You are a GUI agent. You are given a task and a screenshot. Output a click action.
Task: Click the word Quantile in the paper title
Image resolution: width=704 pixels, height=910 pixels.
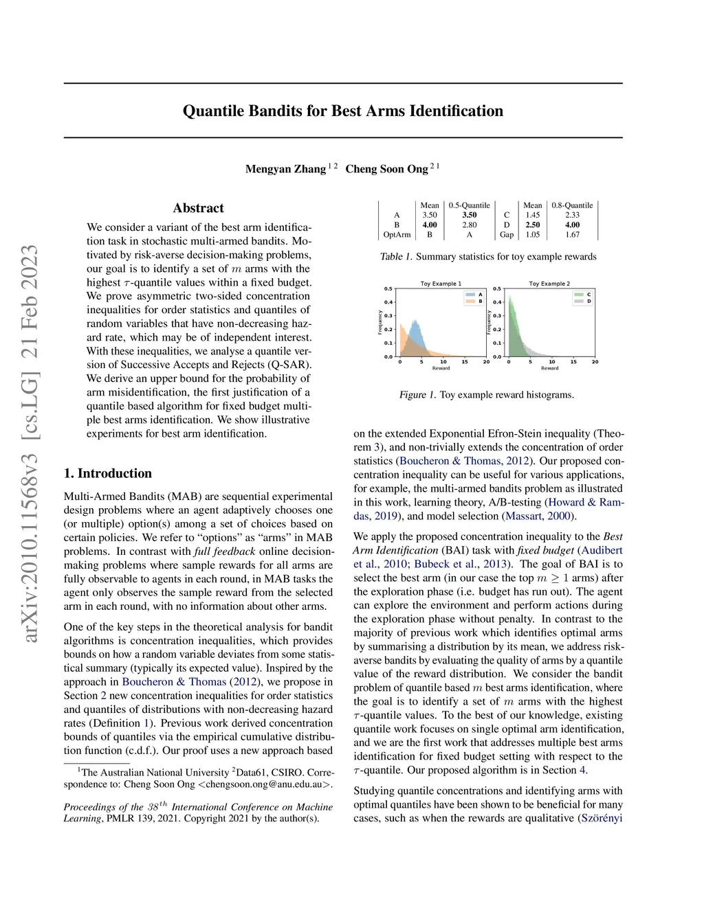(214, 111)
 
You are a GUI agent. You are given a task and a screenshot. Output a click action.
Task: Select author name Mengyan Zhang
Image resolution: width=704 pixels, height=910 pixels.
(285, 169)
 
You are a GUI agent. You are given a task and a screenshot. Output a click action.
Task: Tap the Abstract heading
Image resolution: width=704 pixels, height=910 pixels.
(198, 208)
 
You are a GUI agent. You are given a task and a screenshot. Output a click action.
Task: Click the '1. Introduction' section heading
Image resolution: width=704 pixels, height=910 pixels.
(108, 473)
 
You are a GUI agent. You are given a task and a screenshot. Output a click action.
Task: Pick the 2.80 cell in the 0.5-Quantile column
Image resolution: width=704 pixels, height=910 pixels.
(470, 225)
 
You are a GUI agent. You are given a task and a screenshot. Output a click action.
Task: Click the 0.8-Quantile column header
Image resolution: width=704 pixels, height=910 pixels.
(572, 205)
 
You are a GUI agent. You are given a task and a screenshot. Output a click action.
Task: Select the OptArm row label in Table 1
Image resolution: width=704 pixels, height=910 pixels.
(397, 235)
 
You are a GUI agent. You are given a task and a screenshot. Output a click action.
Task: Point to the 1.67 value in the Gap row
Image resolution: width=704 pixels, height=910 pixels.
(572, 235)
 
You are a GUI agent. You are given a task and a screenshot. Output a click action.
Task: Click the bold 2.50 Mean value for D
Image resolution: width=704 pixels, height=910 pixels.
(533, 225)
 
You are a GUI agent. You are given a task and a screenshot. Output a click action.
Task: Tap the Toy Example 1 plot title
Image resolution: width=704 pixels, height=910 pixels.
(441, 284)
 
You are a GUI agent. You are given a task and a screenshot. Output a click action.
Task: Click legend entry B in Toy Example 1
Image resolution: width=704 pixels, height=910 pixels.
(481, 301)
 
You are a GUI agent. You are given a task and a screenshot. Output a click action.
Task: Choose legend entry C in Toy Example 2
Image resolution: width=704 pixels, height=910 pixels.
(588, 295)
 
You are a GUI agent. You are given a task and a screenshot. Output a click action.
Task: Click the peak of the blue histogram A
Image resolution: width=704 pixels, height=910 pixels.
(414, 321)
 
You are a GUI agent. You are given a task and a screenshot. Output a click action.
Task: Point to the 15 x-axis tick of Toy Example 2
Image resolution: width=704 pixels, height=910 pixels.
(573, 362)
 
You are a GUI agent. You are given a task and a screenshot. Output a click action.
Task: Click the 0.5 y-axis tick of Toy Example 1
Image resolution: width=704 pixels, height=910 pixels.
(388, 289)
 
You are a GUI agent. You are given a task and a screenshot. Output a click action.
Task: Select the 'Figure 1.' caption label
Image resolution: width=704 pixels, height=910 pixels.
(417, 395)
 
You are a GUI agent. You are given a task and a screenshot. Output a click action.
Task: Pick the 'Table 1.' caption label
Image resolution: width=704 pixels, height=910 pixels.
(396, 257)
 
